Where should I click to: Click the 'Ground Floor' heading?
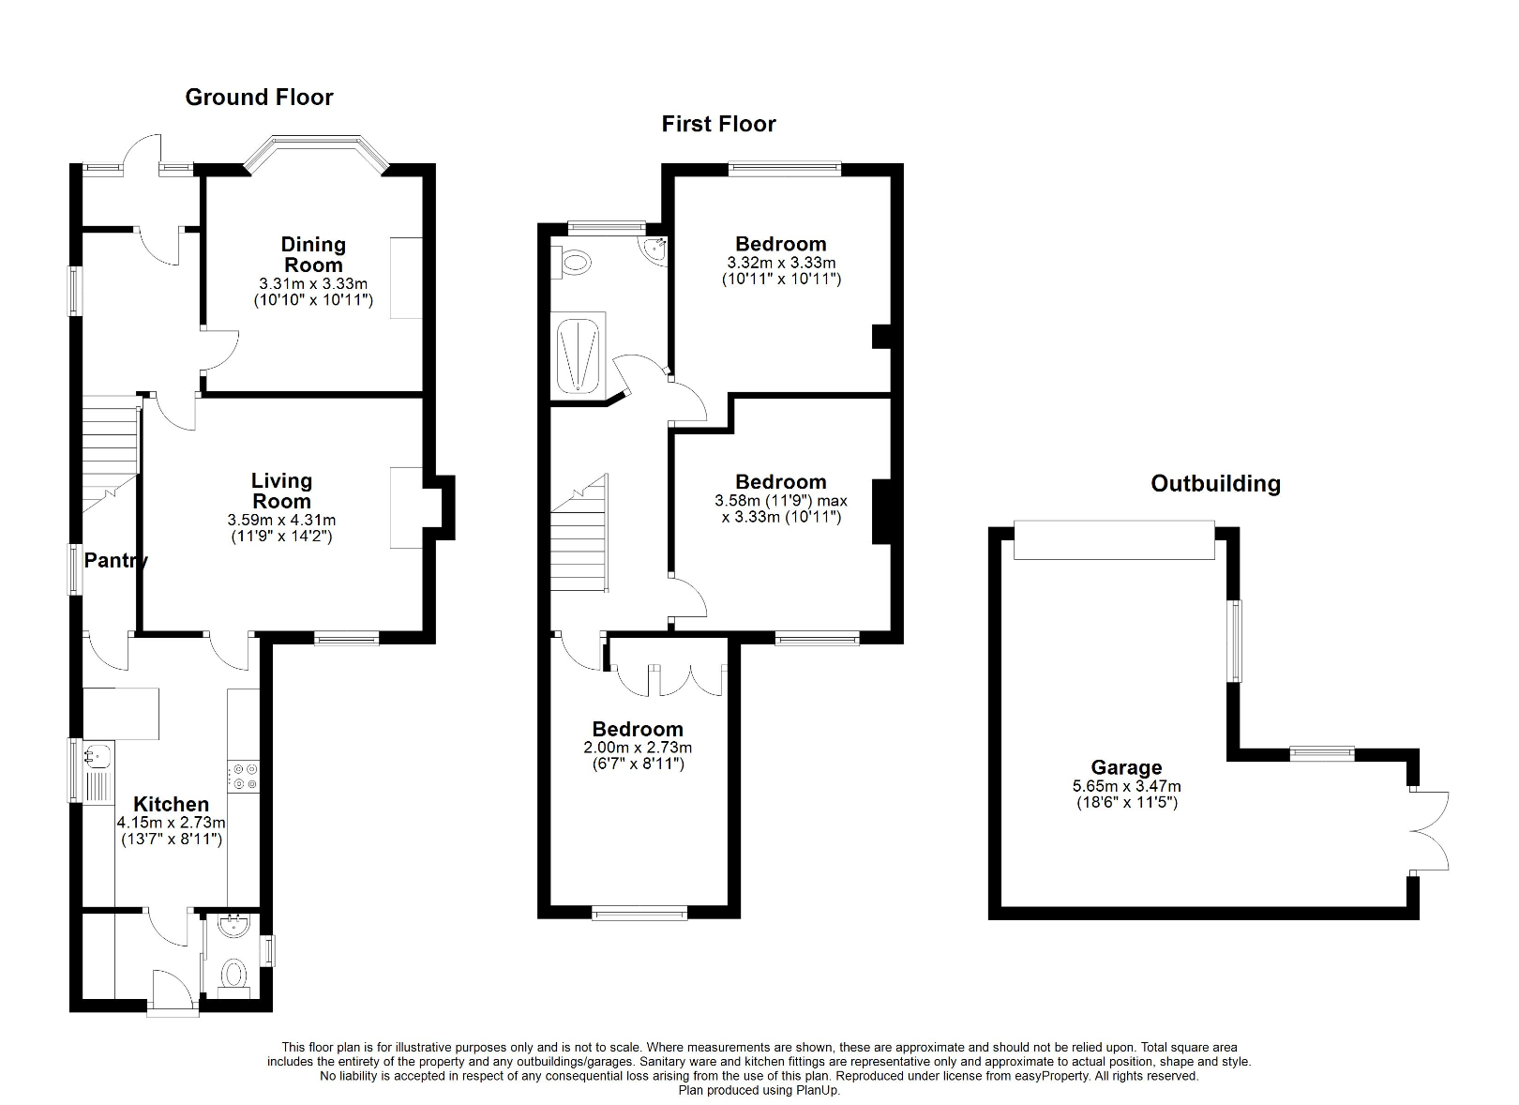coord(259,98)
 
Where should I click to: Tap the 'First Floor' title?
coord(718,124)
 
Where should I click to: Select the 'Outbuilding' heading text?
coord(1215,484)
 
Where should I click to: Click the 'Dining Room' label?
coord(313,254)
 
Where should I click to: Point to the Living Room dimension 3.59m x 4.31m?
coord(281,520)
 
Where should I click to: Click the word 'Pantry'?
coord(115,561)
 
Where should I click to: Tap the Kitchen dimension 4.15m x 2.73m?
coord(171,822)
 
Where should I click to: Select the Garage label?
coord(1126,767)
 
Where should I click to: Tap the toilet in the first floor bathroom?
coord(571,262)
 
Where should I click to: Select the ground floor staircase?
coord(110,450)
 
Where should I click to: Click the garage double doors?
coord(1430,831)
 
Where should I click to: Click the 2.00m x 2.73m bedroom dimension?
coord(638,748)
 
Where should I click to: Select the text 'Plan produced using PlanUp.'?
coord(759,1091)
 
